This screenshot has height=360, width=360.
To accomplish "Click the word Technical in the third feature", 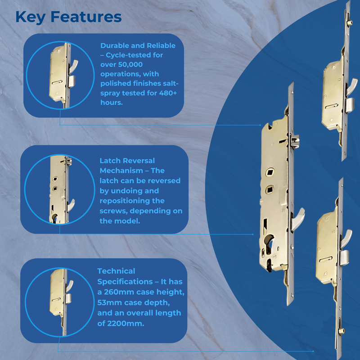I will click(x=116, y=271).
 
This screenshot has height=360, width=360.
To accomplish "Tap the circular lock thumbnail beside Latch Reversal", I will click(x=60, y=189).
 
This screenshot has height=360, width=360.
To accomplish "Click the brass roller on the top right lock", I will click(x=349, y=22).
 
